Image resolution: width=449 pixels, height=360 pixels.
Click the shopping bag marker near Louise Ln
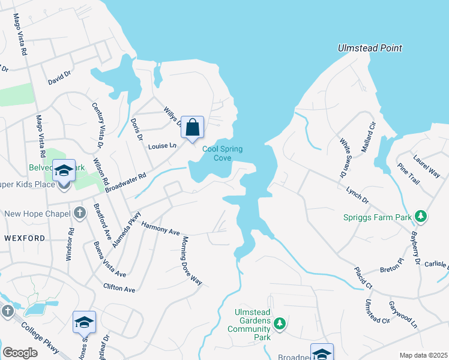click(192, 128)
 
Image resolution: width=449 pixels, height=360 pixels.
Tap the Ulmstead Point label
click(369, 48)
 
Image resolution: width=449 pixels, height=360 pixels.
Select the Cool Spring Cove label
click(217, 154)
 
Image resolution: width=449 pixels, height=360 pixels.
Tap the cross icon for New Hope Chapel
click(80, 213)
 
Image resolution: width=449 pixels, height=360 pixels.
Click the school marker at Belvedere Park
click(64, 172)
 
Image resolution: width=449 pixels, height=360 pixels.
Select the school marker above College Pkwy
click(84, 323)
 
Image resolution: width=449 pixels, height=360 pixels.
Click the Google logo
click(20, 353)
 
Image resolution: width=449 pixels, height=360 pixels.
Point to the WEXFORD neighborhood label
click(25, 238)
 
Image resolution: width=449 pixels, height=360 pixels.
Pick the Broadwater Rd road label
click(126, 184)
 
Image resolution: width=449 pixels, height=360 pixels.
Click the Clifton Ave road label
click(119, 289)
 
